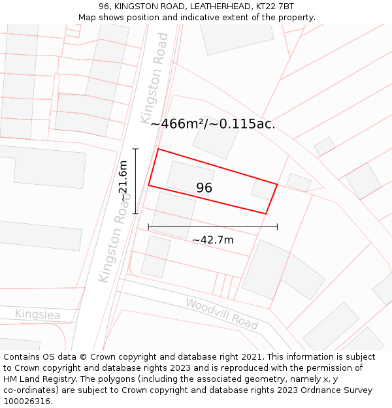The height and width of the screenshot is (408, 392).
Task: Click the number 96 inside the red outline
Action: click(x=204, y=188)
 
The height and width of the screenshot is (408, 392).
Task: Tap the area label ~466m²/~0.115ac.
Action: click(x=213, y=123)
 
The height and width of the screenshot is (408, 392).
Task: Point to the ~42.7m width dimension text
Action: click(x=213, y=240)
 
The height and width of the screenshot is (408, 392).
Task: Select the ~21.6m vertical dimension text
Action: click(x=123, y=181)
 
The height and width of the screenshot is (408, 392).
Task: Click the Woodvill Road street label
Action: click(x=221, y=313)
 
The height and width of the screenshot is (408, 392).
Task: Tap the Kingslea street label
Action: click(x=37, y=315)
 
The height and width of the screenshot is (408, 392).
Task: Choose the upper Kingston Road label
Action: click(x=154, y=78)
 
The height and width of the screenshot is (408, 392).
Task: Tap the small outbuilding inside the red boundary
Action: click(x=263, y=190)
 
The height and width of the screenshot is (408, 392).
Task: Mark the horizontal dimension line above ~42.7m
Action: click(x=213, y=227)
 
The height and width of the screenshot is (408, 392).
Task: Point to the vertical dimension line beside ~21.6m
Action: click(x=135, y=181)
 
